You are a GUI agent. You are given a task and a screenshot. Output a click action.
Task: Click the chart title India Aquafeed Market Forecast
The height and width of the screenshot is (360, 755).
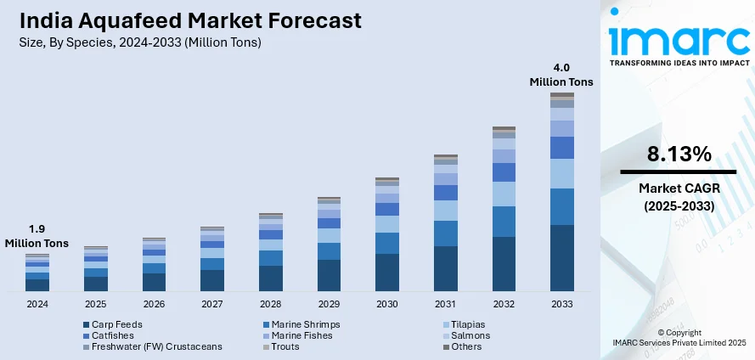tap(181, 20)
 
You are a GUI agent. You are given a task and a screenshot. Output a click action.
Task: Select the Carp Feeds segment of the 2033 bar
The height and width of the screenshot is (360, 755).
tap(561, 258)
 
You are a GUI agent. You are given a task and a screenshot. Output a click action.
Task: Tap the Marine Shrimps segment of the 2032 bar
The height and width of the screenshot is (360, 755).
tap(504, 221)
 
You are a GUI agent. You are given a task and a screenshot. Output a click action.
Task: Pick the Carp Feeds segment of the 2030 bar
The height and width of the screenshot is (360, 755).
tap(387, 273)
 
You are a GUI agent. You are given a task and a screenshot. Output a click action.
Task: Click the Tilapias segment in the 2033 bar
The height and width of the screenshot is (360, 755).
tap(561, 173)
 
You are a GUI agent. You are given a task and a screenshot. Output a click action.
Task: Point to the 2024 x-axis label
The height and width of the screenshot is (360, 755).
tap(37, 304)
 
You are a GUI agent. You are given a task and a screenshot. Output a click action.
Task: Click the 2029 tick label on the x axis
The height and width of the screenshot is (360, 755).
tap(329, 304)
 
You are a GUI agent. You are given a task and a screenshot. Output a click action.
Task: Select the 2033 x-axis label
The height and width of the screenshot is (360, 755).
tap(561, 304)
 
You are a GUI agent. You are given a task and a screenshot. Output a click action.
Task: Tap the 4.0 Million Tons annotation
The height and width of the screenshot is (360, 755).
tap(561, 75)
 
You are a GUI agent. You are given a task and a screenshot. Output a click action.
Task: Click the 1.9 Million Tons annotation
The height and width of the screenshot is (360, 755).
tap(37, 236)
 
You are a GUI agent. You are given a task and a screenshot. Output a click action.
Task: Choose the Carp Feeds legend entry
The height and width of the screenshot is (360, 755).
tap(116, 324)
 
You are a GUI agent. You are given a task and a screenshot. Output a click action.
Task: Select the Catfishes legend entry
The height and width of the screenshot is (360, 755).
tap(111, 335)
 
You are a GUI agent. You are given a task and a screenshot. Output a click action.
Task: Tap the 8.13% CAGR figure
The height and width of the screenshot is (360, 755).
tap(678, 155)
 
